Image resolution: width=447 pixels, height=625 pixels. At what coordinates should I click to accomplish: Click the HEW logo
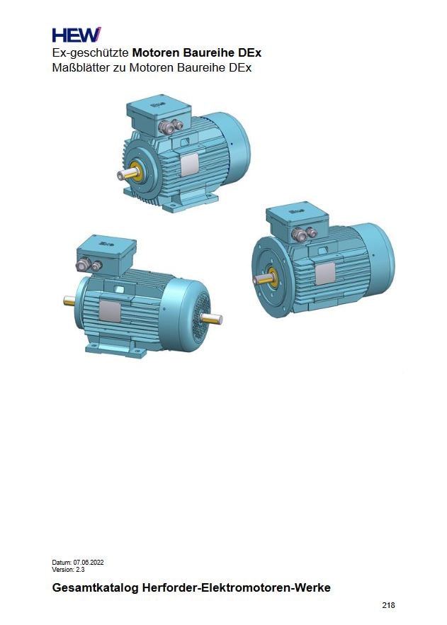[x=77, y=35]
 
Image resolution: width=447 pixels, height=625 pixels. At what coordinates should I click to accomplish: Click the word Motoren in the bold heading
[x=156, y=52]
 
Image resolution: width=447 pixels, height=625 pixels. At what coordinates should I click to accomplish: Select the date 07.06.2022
[x=89, y=562]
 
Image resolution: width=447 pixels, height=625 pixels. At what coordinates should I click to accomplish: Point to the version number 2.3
[x=80, y=569]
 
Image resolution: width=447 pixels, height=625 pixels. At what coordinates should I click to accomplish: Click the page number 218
[x=388, y=605]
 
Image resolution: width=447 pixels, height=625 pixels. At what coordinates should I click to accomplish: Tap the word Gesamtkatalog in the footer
[x=95, y=587]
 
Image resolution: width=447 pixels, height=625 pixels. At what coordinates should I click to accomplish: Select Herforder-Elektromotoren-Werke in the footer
[x=236, y=587]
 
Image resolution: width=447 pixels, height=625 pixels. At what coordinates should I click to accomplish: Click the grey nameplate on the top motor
[x=190, y=165]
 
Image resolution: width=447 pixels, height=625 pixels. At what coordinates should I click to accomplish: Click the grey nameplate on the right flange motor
[x=325, y=274]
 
